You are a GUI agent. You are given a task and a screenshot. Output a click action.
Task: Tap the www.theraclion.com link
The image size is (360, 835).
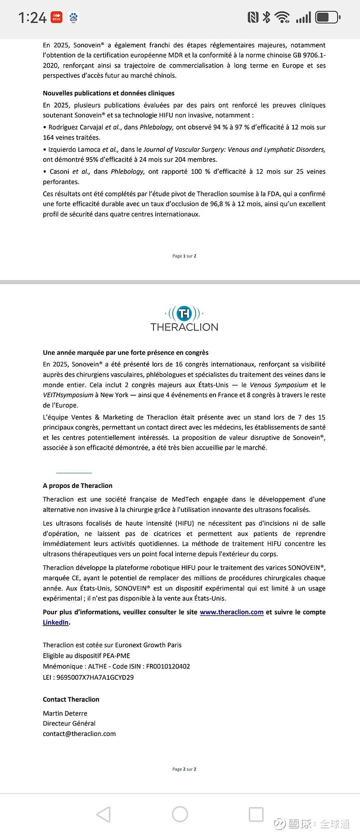(x=231, y=612)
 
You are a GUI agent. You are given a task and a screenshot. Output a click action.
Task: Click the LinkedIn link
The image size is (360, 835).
(x=56, y=623)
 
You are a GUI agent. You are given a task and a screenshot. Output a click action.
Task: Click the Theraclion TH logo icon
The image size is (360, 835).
(x=184, y=313)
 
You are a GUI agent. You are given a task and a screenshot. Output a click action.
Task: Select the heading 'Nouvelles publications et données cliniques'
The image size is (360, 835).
(x=108, y=93)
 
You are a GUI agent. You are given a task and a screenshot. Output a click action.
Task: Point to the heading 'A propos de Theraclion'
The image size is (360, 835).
(x=77, y=486)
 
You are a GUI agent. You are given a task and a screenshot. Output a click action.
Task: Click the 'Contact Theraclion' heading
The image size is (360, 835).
(x=71, y=700)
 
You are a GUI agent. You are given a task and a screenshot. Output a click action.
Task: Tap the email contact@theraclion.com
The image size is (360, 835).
(x=79, y=734)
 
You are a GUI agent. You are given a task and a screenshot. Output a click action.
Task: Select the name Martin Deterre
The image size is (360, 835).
(x=65, y=713)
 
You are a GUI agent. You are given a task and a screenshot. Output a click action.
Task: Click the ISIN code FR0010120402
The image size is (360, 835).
(x=168, y=667)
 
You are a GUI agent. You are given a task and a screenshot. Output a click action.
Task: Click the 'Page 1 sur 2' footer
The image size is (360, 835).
(x=184, y=256)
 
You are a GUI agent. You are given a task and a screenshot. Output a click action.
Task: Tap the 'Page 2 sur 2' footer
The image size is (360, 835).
(x=184, y=769)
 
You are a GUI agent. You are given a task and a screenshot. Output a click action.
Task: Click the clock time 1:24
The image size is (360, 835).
(x=32, y=18)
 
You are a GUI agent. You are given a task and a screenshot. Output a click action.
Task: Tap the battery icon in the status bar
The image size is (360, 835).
(x=327, y=18)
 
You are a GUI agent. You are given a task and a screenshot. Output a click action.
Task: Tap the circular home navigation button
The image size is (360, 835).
(x=180, y=814)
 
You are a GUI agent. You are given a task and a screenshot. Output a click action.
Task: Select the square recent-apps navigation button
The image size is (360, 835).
(x=256, y=814)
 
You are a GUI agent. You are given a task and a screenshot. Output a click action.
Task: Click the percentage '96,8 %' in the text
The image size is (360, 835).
(x=220, y=204)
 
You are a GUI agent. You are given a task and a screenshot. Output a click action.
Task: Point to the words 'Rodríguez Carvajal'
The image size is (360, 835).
(x=76, y=127)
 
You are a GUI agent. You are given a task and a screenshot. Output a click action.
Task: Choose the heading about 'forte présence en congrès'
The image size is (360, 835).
(x=126, y=352)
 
